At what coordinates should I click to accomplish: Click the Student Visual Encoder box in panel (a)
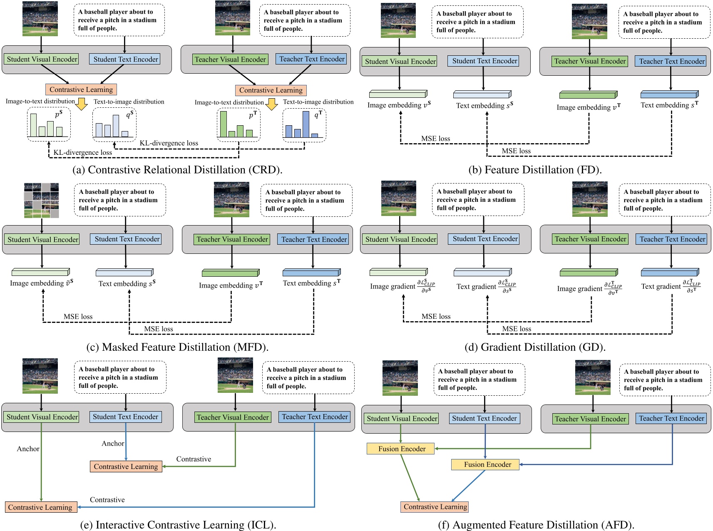pyautogui.click(x=42, y=59)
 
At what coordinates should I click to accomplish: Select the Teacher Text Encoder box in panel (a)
pyautogui.click(x=312, y=59)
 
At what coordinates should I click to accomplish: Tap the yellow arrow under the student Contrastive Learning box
pyautogui.click(x=82, y=104)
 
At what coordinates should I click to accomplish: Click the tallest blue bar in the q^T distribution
pyautogui.click(x=306, y=124)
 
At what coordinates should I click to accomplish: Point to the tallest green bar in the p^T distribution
pyautogui.click(x=224, y=124)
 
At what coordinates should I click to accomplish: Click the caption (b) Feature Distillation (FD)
pyautogui.click(x=535, y=170)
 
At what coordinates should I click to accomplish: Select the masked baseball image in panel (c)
pyautogui.click(x=41, y=200)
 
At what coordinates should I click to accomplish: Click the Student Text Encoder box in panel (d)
pyautogui.click(x=485, y=239)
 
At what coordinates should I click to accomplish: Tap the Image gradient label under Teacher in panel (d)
pyautogui.click(x=580, y=288)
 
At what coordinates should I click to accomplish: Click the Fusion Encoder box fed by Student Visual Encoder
pyautogui.click(x=401, y=449)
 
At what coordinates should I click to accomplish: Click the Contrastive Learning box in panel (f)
pyautogui.click(x=435, y=506)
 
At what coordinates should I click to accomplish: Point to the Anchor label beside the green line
pyautogui.click(x=28, y=449)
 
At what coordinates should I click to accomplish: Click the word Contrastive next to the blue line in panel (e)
pyautogui.click(x=107, y=500)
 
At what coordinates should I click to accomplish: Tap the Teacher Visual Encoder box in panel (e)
pyautogui.click(x=233, y=417)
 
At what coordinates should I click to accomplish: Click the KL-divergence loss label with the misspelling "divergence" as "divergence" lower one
pyautogui.click(x=82, y=152)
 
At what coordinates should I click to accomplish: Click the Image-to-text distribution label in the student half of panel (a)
pyautogui.click(x=40, y=101)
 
